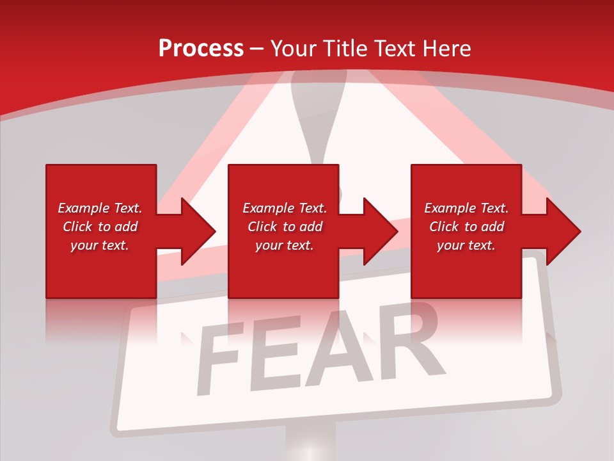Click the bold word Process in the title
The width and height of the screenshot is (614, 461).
pyautogui.click(x=201, y=49)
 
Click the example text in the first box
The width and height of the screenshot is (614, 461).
pyautogui.click(x=100, y=227)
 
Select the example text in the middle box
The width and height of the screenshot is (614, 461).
pyautogui.click(x=284, y=227)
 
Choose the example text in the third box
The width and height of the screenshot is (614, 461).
pyautogui.click(x=466, y=227)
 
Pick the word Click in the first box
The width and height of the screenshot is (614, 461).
pyautogui.click(x=78, y=227)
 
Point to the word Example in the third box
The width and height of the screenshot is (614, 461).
pyautogui.click(x=448, y=208)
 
